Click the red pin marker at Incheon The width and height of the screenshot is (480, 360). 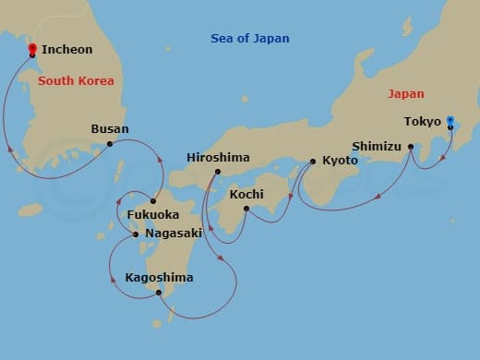point(32,50)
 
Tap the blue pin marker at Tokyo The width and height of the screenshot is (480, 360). point(450,121)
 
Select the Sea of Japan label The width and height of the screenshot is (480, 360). point(249,39)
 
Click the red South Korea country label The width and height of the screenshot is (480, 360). point(77,81)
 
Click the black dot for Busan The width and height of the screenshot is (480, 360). point(110,143)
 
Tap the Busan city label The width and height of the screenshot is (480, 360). point(110,129)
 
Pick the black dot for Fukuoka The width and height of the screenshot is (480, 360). point(153,201)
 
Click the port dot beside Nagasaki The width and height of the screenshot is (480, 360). point(136,234)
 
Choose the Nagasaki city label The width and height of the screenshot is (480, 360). point(173,234)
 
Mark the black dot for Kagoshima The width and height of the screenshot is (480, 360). point(160,294)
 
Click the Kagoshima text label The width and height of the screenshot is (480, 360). point(159,277)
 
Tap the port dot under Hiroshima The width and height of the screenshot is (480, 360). point(218,172)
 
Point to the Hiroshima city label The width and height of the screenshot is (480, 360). point(218,158)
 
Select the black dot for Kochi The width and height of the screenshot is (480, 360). point(246,209)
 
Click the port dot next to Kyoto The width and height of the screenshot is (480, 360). point(313,162)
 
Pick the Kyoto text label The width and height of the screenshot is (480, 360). point(340,161)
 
